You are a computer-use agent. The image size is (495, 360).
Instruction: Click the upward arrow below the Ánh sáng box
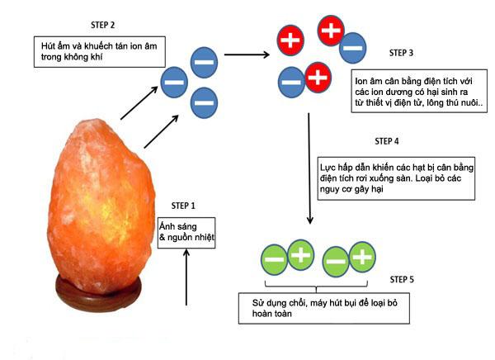click(187, 282)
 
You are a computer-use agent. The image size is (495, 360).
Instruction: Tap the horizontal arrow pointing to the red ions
click(247, 55)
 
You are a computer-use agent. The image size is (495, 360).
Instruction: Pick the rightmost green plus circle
click(361, 258)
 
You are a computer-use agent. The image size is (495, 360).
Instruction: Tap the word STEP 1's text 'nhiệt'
click(202, 240)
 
